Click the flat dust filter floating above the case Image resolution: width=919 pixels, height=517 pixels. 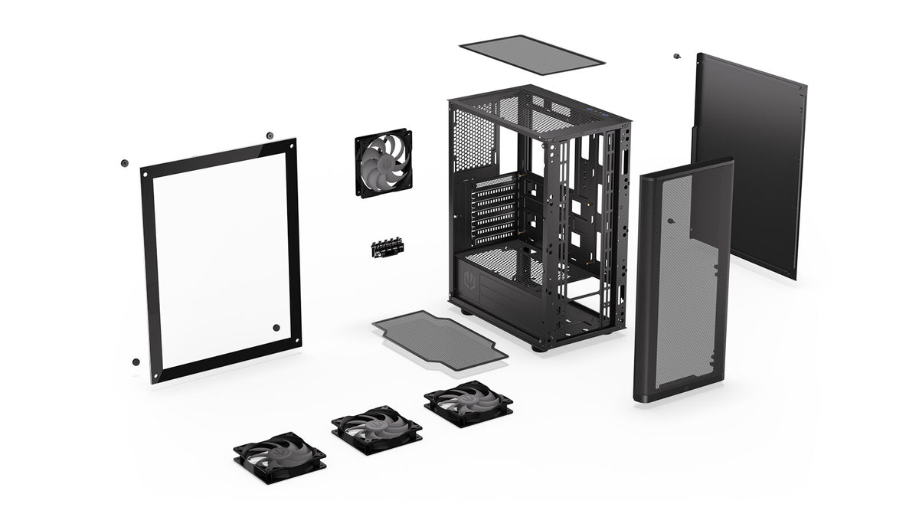[533, 54]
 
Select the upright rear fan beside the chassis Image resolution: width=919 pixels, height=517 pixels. [384, 163]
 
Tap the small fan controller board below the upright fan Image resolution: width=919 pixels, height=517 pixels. [388, 247]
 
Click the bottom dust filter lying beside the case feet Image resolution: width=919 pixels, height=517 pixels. [440, 340]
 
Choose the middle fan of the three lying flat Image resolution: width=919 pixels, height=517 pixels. [376, 428]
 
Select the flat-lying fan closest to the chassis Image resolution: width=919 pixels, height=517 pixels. [468, 402]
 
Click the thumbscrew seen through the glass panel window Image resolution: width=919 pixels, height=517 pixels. [276, 328]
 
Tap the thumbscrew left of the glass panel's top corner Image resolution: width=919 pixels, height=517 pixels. [124, 162]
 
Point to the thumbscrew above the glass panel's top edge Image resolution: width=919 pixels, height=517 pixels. [270, 136]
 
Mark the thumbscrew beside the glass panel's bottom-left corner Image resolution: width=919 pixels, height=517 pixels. [136, 362]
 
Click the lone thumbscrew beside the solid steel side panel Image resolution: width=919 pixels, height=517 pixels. [676, 56]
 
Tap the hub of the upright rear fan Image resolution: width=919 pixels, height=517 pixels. [384, 163]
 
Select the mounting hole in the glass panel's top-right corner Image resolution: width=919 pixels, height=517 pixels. [291, 146]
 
